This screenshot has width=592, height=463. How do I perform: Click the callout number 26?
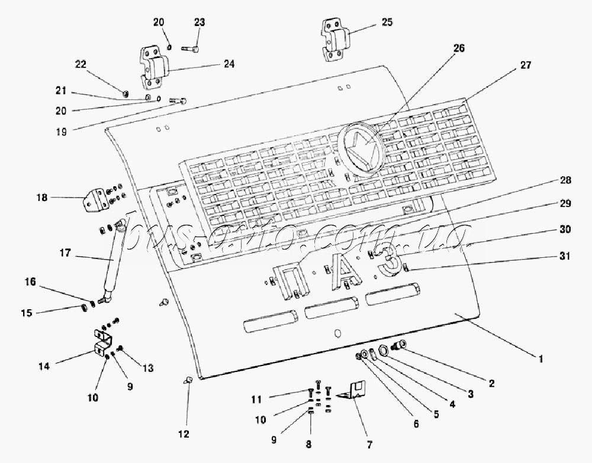(x=459, y=48)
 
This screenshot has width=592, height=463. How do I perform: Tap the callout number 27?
(x=525, y=65)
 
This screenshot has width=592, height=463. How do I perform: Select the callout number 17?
(x=65, y=253)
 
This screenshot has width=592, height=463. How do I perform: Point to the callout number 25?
(x=387, y=22)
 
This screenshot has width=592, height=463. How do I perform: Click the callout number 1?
(x=540, y=358)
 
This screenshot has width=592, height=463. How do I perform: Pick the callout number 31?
(x=564, y=257)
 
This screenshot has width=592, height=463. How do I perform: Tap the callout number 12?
(x=184, y=435)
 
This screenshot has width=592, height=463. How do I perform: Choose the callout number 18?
(x=42, y=197)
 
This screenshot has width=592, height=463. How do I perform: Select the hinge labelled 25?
(x=335, y=40)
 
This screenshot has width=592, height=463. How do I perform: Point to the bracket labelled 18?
(x=93, y=200)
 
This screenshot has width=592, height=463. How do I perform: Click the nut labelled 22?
(x=127, y=93)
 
